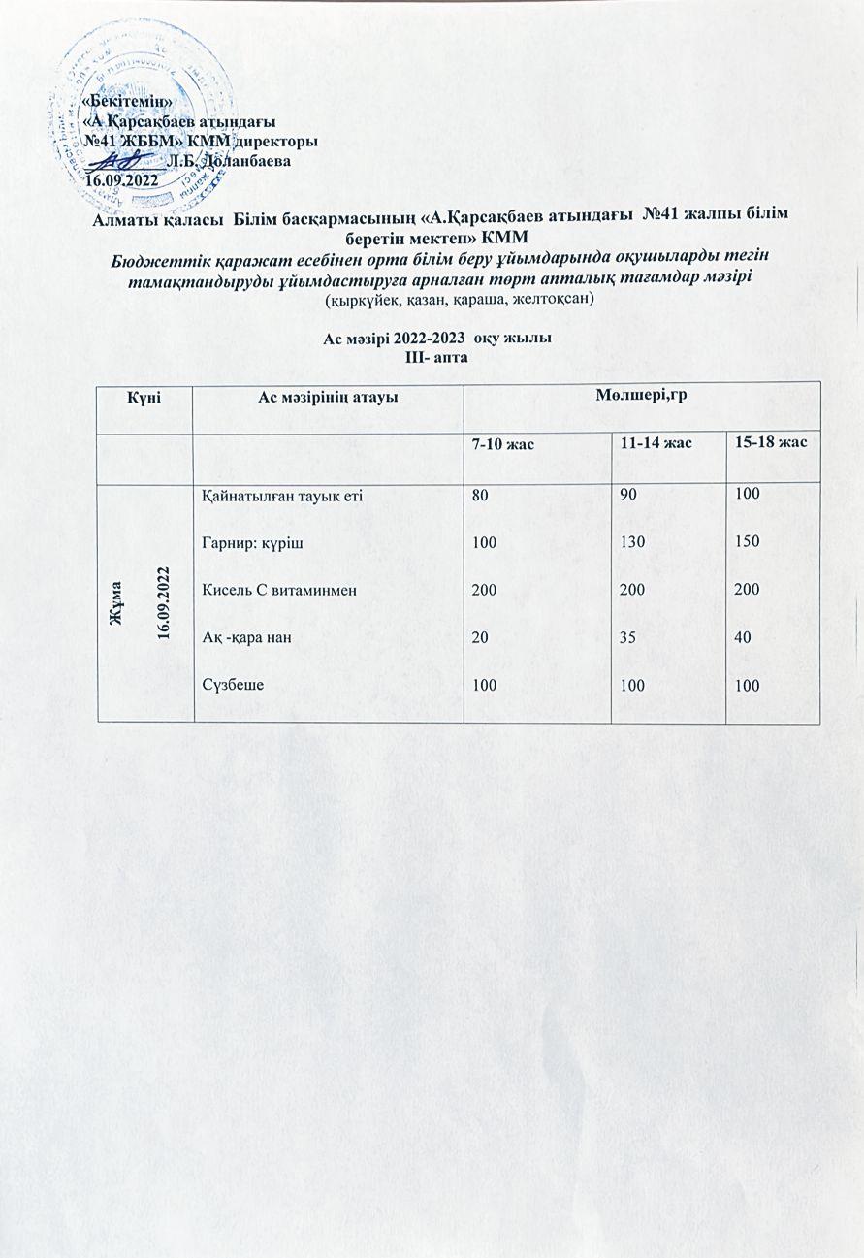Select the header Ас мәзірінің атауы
[x=328, y=397]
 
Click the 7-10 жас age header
[x=504, y=444]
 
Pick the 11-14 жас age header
[x=656, y=444]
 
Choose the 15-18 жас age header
[x=772, y=442]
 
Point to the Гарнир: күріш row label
[x=252, y=543]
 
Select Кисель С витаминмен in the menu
[x=268, y=590]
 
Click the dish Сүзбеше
[x=234, y=684]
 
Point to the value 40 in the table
[x=745, y=636]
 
